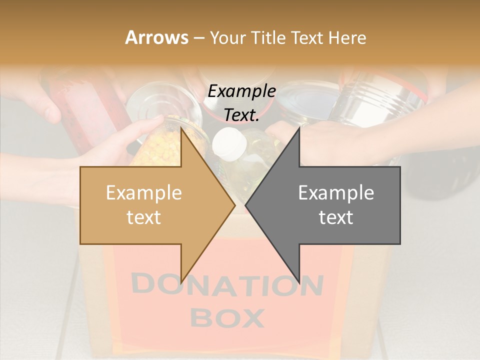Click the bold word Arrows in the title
[x=156, y=37]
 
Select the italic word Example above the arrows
[x=242, y=91]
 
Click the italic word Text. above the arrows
[x=242, y=115]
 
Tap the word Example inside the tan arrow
[x=144, y=193]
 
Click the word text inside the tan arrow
[x=144, y=217]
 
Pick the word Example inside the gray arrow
[x=336, y=193]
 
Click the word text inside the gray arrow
[x=336, y=217]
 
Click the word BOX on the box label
[x=227, y=317]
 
